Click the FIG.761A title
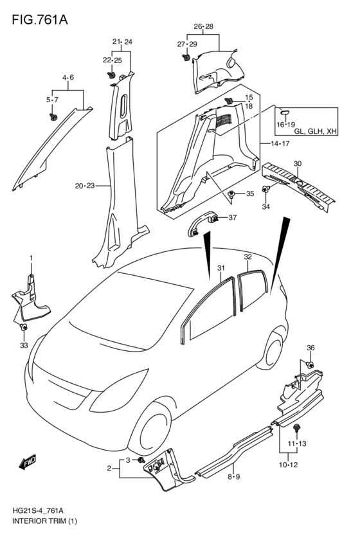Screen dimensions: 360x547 tap(40, 19)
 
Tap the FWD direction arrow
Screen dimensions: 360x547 tap(28, 462)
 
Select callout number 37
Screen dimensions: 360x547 tap(232, 217)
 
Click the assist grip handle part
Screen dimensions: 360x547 tap(203, 224)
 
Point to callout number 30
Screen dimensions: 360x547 tap(298, 164)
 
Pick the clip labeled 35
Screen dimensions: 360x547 tap(231, 193)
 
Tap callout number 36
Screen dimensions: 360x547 tap(310, 348)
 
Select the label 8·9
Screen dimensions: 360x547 tap(234, 476)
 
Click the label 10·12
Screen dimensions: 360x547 tap(288, 465)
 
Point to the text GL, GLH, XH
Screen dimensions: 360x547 tap(316, 132)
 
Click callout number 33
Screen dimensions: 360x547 tap(24, 345)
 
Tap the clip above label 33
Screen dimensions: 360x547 tap(24, 327)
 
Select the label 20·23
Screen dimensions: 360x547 tap(85, 186)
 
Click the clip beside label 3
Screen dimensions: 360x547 tap(141, 460)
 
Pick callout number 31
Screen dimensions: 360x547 tap(221, 268)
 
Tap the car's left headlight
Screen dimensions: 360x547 tap(118, 391)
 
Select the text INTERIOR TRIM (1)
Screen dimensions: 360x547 tap(44, 521)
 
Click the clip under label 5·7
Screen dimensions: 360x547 tap(53, 117)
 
